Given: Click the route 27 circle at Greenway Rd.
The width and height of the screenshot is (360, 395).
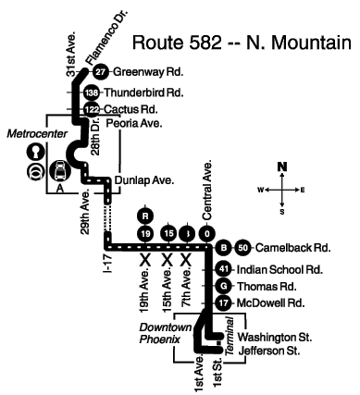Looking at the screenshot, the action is pyautogui.click(x=100, y=72).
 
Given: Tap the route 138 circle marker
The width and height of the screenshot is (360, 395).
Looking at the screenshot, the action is pyautogui.click(x=92, y=93).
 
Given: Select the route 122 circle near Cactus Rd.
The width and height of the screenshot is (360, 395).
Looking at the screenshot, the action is pyautogui.click(x=92, y=109).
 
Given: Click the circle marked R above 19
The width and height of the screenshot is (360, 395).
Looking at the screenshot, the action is pyautogui.click(x=145, y=216).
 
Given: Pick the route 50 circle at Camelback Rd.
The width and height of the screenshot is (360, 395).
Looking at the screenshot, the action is pyautogui.click(x=243, y=248).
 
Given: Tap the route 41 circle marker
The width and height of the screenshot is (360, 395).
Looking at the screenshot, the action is pyautogui.click(x=224, y=269).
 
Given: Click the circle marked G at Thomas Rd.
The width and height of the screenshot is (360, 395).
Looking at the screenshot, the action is pyautogui.click(x=224, y=287).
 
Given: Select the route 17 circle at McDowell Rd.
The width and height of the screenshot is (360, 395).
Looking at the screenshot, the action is pyautogui.click(x=224, y=303).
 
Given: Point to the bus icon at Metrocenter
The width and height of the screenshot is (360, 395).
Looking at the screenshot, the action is pyautogui.click(x=60, y=171).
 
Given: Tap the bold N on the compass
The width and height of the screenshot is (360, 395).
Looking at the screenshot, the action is pyautogui.click(x=282, y=167).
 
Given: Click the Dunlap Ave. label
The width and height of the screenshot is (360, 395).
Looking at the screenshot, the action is pyautogui.click(x=144, y=180).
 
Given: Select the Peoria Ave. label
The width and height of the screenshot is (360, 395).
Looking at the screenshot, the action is pyautogui.click(x=134, y=123).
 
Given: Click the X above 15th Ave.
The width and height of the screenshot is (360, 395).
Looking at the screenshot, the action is pyautogui.click(x=168, y=260).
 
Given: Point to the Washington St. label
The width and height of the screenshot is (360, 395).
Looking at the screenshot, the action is pyautogui.click(x=275, y=337).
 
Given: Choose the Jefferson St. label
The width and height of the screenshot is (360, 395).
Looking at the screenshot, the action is pyautogui.click(x=269, y=351).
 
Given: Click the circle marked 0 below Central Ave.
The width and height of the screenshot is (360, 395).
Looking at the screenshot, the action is pyautogui.click(x=207, y=234).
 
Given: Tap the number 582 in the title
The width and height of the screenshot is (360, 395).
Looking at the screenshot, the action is pyautogui.click(x=205, y=43).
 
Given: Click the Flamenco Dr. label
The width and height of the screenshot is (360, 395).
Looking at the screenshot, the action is pyautogui.click(x=106, y=37).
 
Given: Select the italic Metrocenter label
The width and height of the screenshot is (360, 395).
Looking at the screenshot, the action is pyautogui.click(x=37, y=134).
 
